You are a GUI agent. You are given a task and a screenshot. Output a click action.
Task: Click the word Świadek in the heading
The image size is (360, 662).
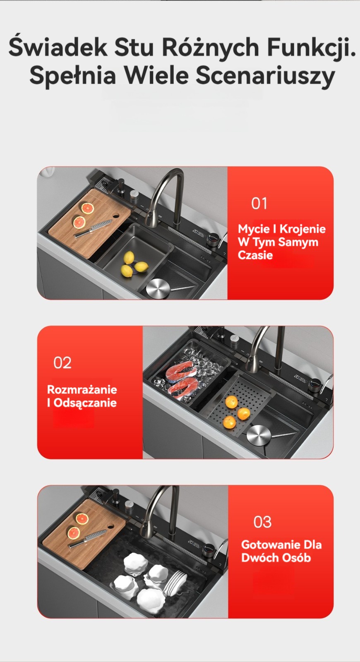pos(58,47)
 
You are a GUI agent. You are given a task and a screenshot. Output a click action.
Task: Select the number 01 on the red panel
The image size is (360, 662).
pos(259,203)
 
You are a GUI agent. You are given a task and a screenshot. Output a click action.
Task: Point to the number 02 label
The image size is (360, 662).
pos(62,362)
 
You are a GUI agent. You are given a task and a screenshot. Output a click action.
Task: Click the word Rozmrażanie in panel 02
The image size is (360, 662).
pos(82,389)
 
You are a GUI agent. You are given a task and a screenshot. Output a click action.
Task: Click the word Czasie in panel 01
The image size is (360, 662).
pos(255,255)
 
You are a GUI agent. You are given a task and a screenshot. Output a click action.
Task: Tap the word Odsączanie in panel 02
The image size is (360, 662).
pos(85,403)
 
